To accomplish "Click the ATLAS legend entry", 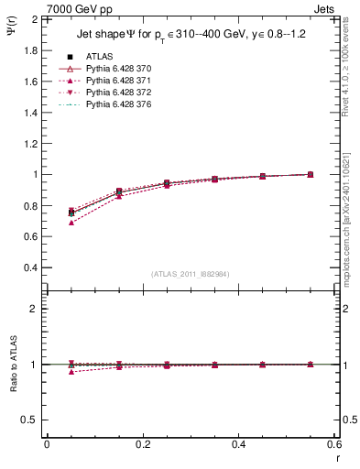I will tap(98, 57).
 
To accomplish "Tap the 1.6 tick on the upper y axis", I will tap(28, 81).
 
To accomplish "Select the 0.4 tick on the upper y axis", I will tap(28, 267).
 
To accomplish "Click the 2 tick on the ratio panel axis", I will tap(34, 309).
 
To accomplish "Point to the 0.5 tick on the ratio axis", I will tap(28, 420).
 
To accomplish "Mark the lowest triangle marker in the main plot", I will tap(71, 223).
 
